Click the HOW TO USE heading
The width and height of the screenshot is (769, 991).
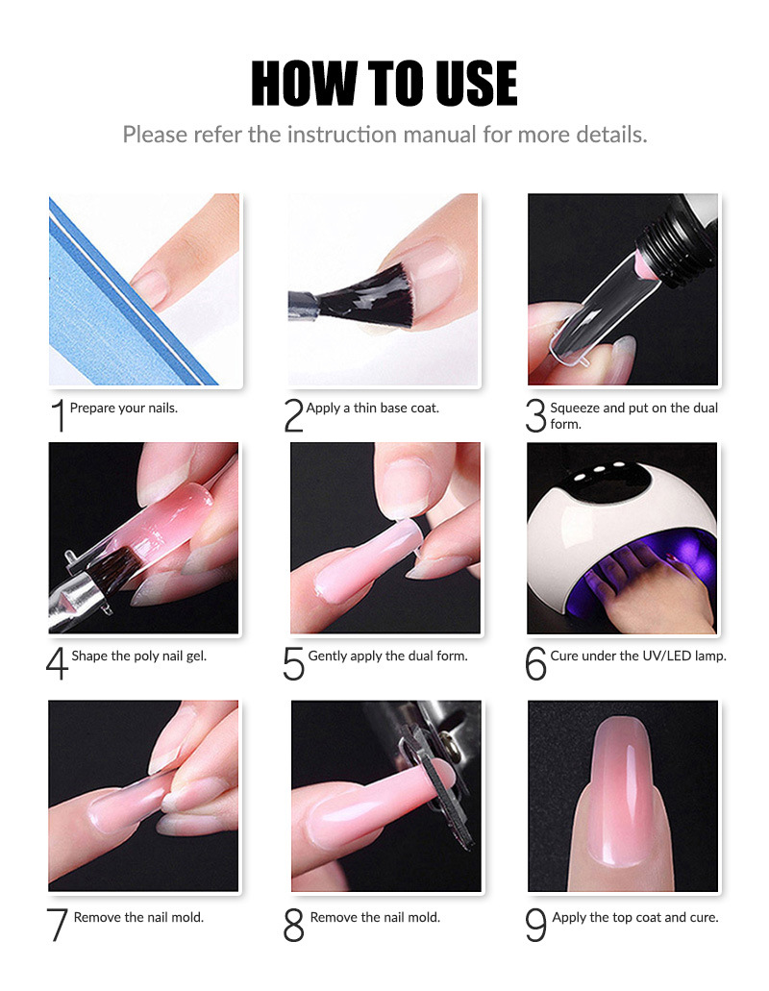384,84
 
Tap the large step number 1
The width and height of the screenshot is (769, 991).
58,416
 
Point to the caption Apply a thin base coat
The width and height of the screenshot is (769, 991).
373,409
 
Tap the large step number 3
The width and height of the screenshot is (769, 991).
535,416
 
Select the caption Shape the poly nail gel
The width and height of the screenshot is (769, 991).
139,657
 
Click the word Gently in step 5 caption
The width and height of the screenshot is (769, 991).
329,657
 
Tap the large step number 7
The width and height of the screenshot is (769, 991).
58,926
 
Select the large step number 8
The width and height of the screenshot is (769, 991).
294,926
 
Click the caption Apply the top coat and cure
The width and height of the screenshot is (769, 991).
634,918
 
